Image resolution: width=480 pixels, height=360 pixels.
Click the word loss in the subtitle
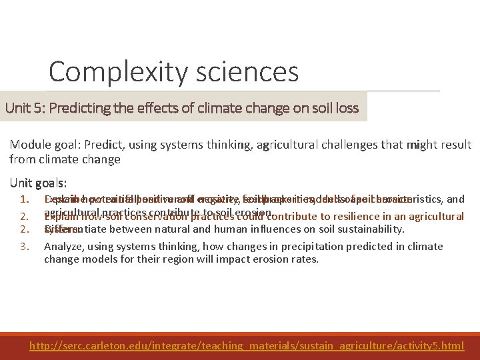pyautogui.click(x=346, y=108)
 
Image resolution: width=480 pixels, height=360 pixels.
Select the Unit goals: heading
pyautogui.click(x=38, y=183)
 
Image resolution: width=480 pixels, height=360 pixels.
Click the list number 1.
pyautogui.click(x=24, y=199)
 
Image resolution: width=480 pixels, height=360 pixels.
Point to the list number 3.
pyautogui.click(x=24, y=247)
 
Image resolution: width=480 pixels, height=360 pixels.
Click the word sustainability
pyautogui.click(x=371, y=229)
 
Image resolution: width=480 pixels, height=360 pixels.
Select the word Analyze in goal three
pyautogui.click(x=62, y=247)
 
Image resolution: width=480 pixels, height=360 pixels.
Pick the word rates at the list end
pyautogui.click(x=303, y=259)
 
